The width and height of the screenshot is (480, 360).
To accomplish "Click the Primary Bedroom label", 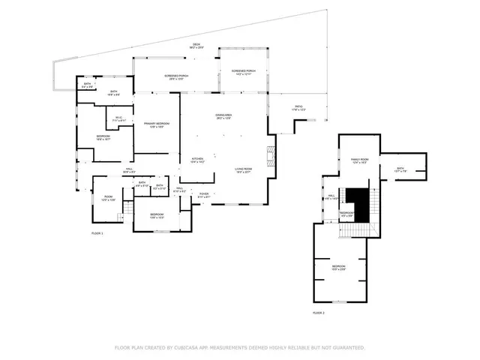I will pos(157,124).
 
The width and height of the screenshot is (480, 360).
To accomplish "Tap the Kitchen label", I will pos(197,160).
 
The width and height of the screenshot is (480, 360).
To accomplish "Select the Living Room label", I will pos(242,170).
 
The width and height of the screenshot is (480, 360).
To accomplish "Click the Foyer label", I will pos(203,195).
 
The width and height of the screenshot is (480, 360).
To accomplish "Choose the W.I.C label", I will pos(118,118).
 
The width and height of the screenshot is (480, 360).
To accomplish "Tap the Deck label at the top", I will pos(196,46).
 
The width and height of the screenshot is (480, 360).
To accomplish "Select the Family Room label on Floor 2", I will pos(360,160).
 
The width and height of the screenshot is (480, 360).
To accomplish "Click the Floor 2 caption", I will pos(319,312).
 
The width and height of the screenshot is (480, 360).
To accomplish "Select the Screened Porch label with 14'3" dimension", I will pos(244,72).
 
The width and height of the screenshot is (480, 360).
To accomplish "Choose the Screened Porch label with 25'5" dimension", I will pos(176,77).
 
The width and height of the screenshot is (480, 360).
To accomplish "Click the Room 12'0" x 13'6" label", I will pos(108,199).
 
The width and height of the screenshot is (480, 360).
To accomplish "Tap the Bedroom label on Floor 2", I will pos(339,268).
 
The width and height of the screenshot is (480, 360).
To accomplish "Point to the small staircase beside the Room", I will pos(121,217).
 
